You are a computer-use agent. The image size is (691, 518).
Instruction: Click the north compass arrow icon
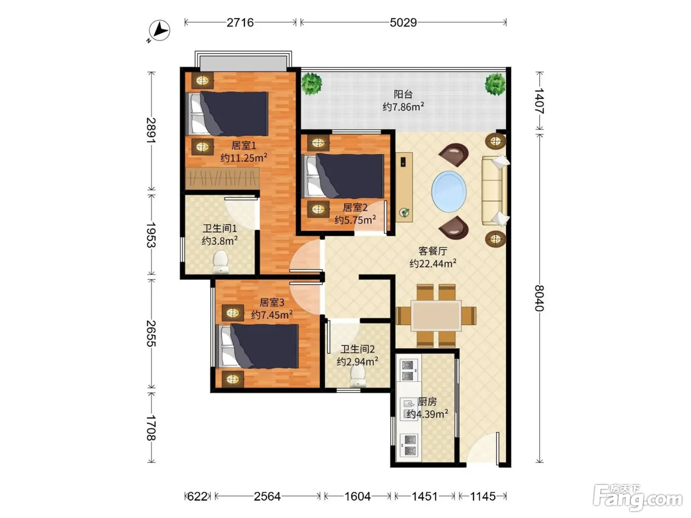(159, 31)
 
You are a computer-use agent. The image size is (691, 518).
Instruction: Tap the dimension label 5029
(403, 23)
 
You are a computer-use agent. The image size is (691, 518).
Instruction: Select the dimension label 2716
(240, 23)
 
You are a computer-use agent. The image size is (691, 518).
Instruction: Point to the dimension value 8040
(539, 298)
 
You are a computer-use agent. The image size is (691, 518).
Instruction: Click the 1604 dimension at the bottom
(358, 496)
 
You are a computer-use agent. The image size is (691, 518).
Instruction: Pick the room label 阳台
(403, 94)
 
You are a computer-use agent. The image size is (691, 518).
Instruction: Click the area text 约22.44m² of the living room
(433, 263)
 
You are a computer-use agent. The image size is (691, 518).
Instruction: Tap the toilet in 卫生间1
(221, 261)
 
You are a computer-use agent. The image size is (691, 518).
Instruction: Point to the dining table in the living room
(436, 315)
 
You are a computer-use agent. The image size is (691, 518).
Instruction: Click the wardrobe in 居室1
(222, 179)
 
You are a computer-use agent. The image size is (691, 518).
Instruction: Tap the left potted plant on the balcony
(311, 84)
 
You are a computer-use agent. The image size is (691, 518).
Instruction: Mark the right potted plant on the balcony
(495, 84)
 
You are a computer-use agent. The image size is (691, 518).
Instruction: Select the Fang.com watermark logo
(638, 498)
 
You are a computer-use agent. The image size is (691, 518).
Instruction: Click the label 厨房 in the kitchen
(427, 402)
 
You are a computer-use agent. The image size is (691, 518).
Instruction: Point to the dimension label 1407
(539, 101)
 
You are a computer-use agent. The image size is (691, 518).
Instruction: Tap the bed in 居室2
(343, 176)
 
